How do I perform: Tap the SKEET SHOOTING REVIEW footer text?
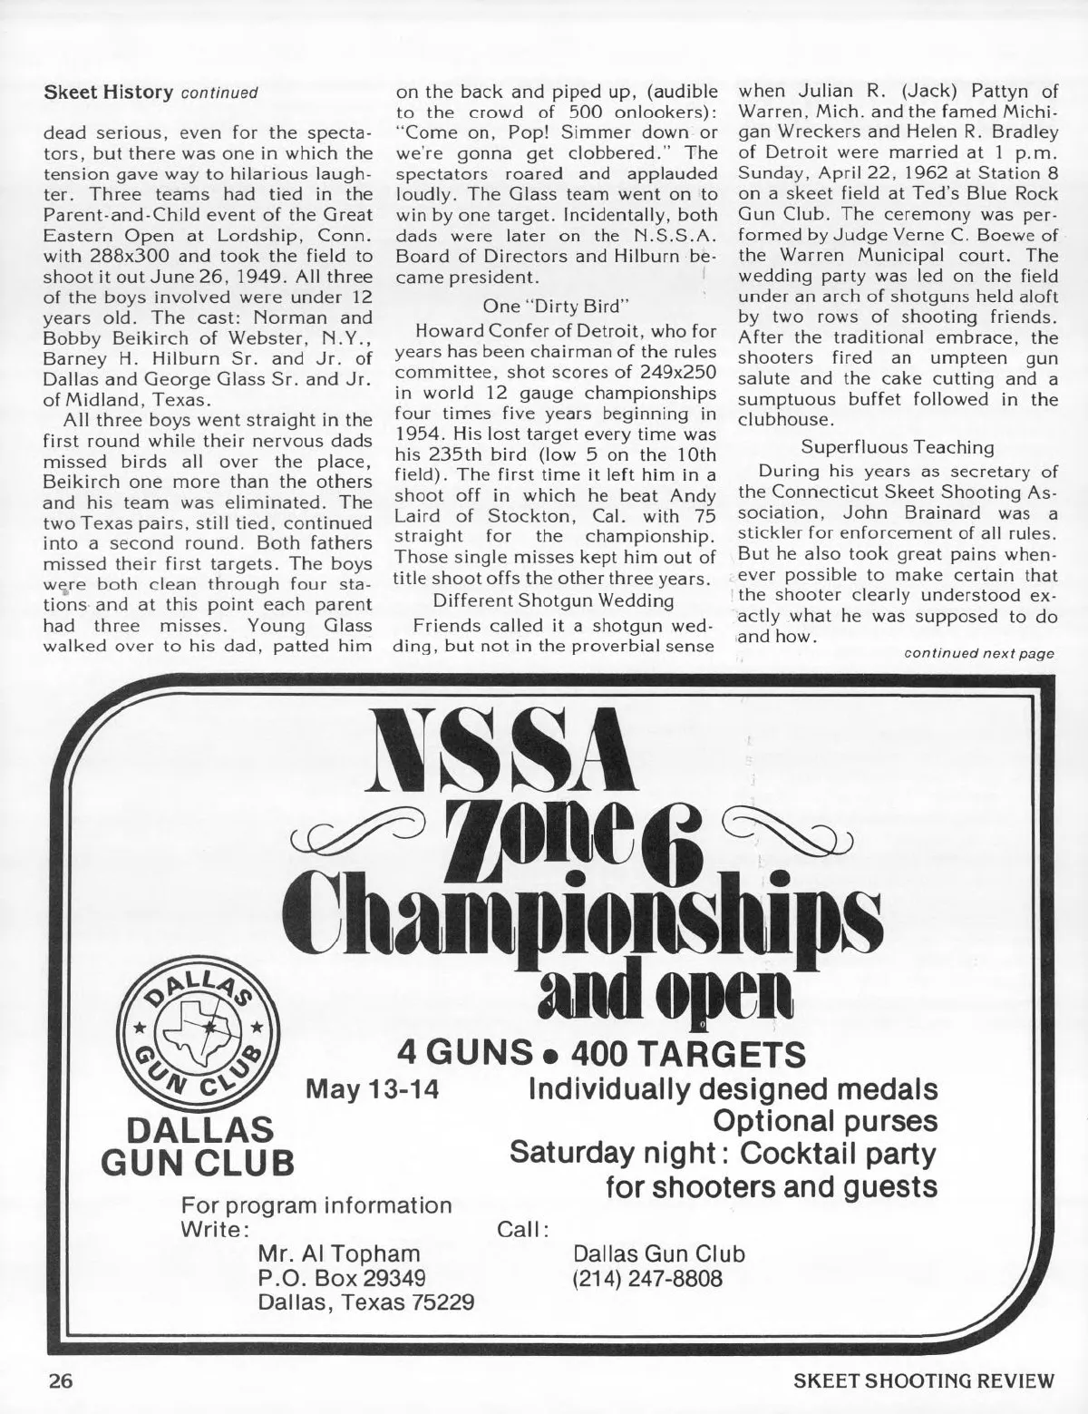924,1383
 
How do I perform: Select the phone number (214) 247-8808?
648,1280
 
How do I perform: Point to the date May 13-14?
373,1088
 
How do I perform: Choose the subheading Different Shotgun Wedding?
552,600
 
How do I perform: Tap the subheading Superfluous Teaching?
898,447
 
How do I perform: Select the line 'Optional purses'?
826,1121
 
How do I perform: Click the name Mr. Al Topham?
339,1253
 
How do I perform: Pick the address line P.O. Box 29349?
342,1278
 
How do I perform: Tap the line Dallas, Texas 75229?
366,1303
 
